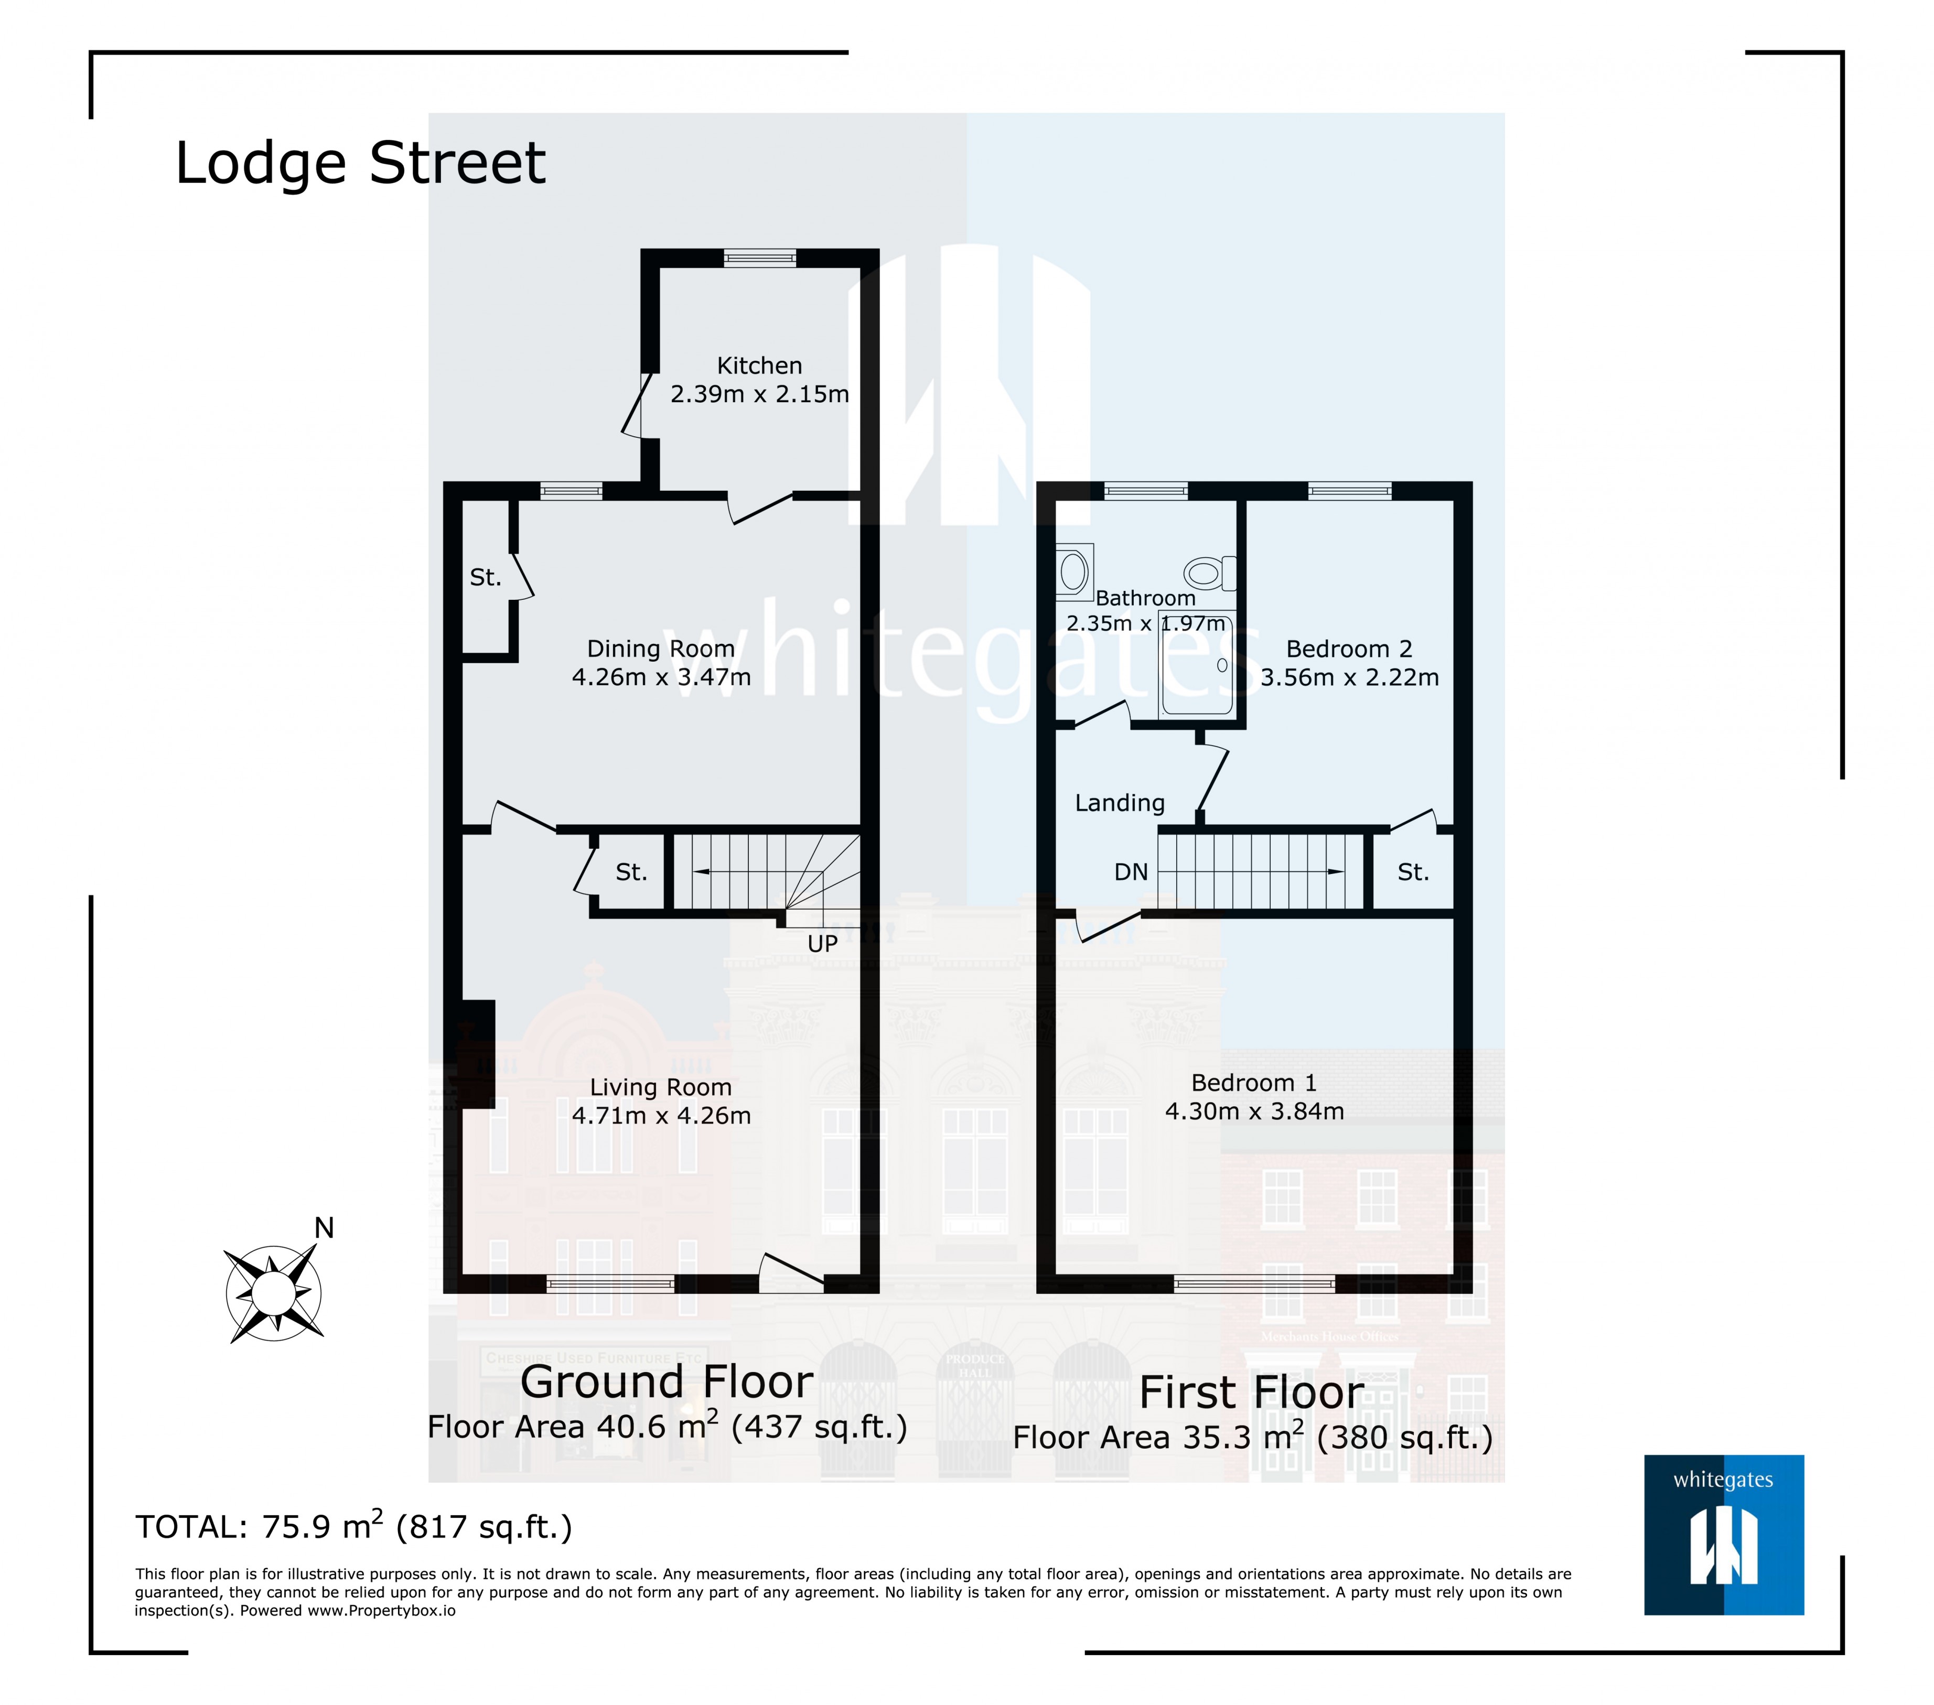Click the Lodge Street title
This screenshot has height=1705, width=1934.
click(x=360, y=163)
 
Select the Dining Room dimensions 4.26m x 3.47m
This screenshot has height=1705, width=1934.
click(x=661, y=677)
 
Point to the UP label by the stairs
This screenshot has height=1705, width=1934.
click(x=822, y=943)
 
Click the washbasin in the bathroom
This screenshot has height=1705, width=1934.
click(x=1074, y=571)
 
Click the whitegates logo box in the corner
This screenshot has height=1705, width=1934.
click(x=1723, y=1535)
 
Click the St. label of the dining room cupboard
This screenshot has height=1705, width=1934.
click(x=486, y=577)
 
